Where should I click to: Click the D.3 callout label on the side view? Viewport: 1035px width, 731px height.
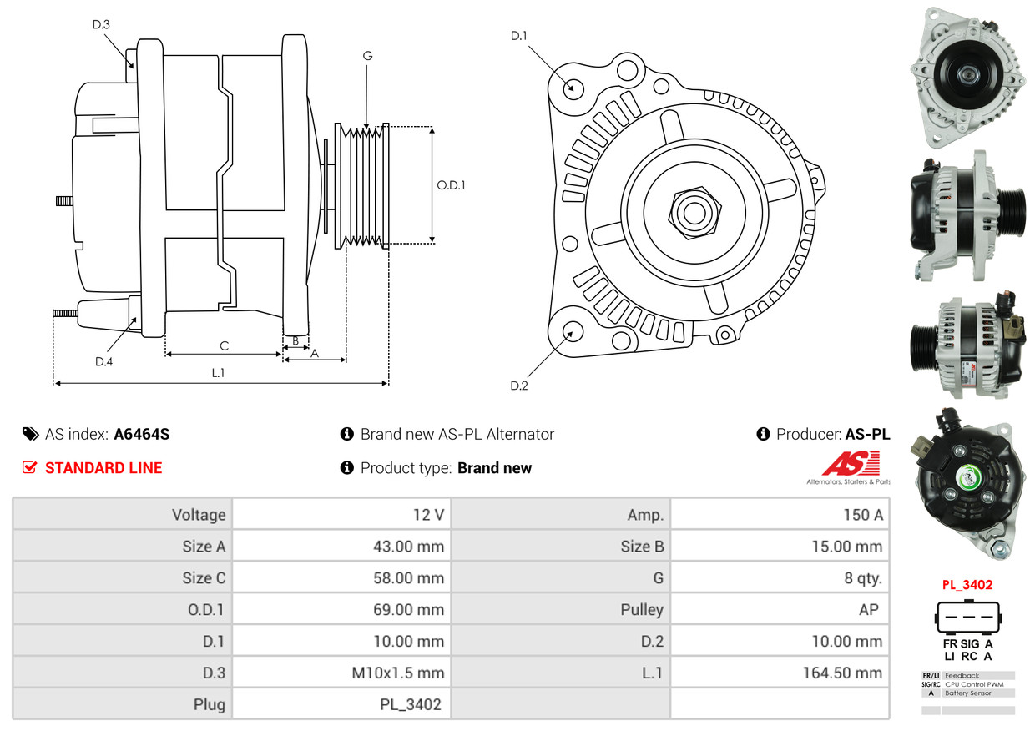(x=101, y=24)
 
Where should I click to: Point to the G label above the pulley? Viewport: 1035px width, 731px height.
(x=367, y=56)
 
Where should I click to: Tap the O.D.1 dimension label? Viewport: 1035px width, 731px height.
(x=451, y=185)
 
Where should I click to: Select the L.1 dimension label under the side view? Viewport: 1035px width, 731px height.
(x=218, y=372)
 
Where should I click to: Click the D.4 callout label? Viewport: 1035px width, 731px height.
(x=104, y=362)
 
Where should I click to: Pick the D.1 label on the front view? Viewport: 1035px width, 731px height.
(x=519, y=36)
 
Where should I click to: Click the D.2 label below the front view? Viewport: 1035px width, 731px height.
(x=519, y=386)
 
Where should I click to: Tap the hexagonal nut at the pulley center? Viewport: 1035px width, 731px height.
(x=694, y=213)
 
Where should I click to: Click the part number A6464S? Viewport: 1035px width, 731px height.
(x=142, y=435)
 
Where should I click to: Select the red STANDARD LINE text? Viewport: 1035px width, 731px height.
(x=103, y=468)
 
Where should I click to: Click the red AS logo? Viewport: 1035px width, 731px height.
(x=851, y=463)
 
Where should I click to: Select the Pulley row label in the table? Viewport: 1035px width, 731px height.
(x=642, y=609)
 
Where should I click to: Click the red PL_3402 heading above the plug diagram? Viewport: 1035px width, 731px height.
(x=967, y=585)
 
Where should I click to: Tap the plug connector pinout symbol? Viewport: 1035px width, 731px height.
(x=968, y=617)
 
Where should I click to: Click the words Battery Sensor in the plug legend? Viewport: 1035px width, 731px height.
(x=967, y=693)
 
